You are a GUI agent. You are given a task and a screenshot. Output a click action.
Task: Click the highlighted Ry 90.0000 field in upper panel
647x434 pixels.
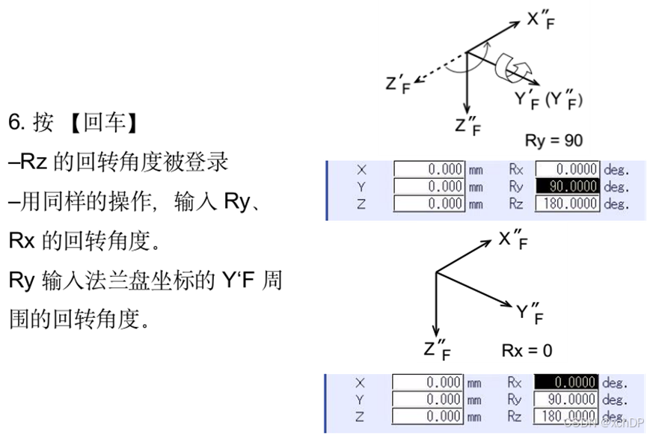[568, 186]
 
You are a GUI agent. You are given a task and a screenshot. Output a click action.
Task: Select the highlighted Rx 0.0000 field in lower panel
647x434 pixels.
[566, 383]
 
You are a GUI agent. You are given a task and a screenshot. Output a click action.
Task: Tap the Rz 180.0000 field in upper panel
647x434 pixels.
[568, 204]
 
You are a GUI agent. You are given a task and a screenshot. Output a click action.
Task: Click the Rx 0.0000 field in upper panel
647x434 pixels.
[568, 170]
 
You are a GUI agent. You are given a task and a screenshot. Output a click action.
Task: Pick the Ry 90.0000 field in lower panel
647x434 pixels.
[566, 400]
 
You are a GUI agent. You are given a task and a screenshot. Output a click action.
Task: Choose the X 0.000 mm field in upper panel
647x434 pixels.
[429, 170]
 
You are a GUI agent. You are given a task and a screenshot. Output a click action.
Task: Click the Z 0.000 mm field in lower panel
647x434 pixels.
[429, 416]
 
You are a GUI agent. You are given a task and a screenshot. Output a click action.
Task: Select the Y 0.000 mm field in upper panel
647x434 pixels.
[429, 186]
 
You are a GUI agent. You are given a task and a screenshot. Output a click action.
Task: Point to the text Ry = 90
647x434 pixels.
[553, 139]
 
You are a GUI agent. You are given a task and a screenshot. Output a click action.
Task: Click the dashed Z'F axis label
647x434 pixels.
[399, 84]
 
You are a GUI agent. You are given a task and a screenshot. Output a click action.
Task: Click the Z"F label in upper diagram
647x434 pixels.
[467, 126]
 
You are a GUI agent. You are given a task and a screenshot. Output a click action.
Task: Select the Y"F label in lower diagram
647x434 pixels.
[530, 314]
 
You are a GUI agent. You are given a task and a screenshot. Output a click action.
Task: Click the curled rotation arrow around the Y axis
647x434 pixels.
[512, 70]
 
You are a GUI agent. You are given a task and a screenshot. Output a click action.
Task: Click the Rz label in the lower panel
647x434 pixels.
[515, 416]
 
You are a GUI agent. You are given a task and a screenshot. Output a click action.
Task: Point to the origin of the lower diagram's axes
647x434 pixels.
[436, 273]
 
